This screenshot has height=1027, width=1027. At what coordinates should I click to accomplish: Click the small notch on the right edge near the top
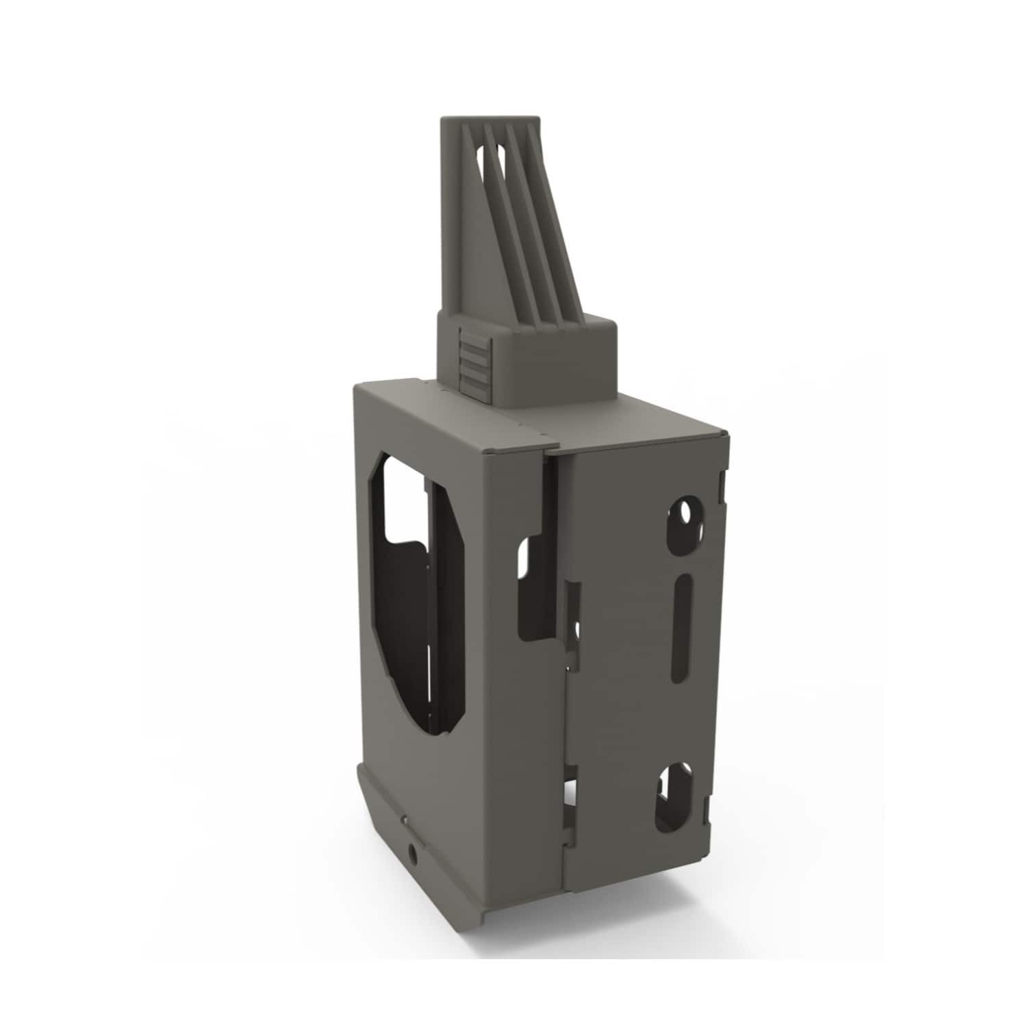[720, 483]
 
